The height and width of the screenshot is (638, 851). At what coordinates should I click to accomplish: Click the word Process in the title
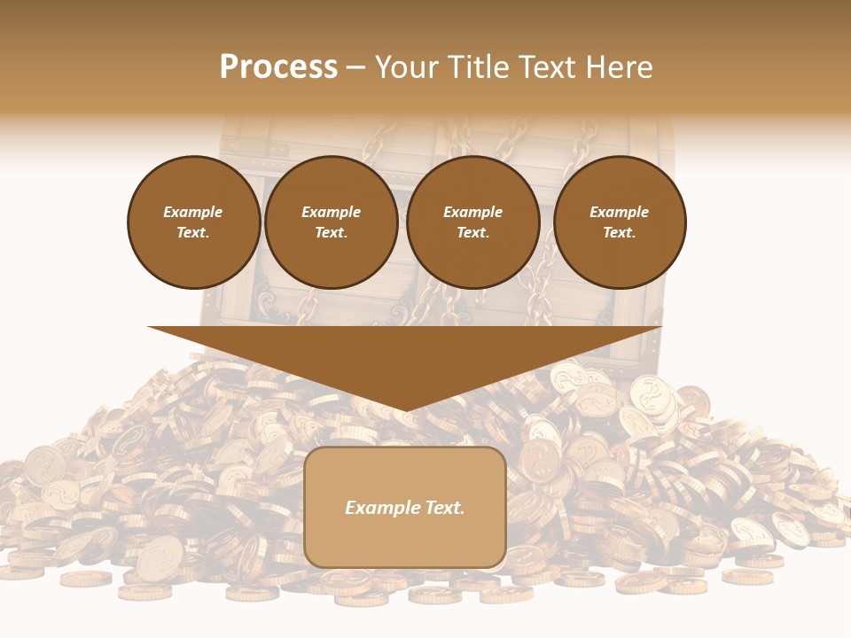point(278,67)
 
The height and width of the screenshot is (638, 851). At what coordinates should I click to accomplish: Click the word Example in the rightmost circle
point(620,212)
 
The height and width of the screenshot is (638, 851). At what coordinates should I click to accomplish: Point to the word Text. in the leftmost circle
point(193,232)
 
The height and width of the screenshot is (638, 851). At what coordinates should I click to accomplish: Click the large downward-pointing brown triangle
point(405,359)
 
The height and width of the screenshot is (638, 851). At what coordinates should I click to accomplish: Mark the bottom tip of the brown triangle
point(405,409)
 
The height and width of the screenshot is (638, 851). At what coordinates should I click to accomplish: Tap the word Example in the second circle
point(331,212)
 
